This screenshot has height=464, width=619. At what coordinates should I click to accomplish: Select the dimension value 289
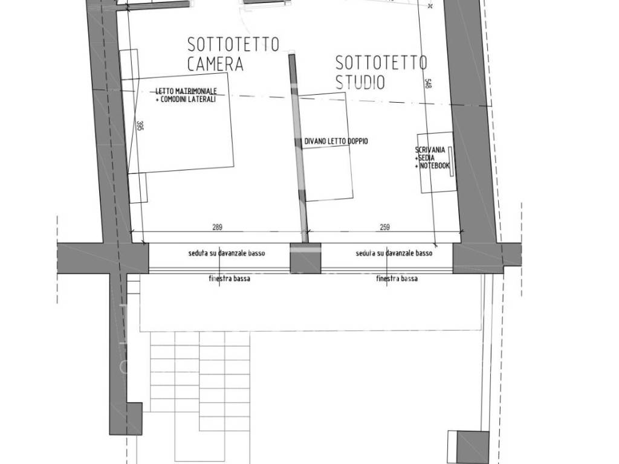click(x=218, y=228)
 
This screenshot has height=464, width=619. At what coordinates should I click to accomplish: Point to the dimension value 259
click(x=385, y=228)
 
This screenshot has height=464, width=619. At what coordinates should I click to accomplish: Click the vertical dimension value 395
click(x=140, y=126)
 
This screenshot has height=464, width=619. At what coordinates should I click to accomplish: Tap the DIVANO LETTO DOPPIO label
click(x=336, y=141)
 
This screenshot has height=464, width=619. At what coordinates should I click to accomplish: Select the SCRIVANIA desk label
click(x=430, y=150)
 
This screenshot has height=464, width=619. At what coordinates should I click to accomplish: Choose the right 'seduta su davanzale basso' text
click(x=394, y=254)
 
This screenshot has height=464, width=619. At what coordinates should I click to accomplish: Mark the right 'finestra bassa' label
click(x=397, y=279)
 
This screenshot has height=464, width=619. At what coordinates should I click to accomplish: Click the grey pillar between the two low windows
click(x=305, y=258)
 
